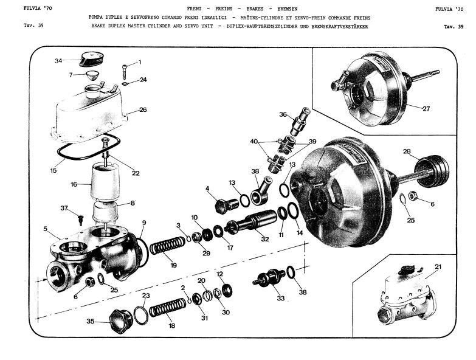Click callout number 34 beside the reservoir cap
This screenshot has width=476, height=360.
click(x=58, y=61)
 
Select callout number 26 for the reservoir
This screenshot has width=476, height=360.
click(x=143, y=110)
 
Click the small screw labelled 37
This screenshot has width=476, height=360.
click(x=80, y=217)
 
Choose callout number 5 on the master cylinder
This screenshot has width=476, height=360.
click(x=45, y=229)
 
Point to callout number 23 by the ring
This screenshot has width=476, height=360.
click(x=145, y=296)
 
